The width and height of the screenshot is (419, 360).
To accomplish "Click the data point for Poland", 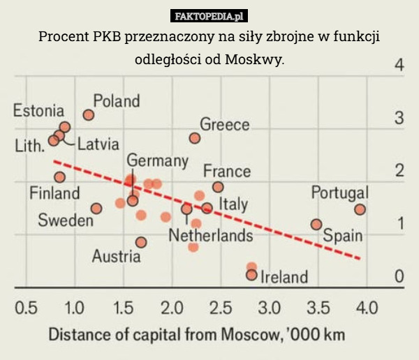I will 89,114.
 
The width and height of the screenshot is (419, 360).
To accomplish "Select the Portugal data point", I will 360,209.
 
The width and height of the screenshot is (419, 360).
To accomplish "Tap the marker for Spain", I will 316,225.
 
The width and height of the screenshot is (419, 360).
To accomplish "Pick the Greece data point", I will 195,138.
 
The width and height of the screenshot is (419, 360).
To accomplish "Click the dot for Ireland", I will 251,275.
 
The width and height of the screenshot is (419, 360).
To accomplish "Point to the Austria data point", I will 141,242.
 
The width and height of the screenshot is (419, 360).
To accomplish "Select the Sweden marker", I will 96,209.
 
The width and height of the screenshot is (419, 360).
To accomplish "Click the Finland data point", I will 60,177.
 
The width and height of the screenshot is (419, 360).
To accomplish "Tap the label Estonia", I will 38,111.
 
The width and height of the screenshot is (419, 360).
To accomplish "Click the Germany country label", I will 157,160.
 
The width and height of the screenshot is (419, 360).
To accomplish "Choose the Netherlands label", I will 210,236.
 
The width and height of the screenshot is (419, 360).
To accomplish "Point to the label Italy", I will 234,204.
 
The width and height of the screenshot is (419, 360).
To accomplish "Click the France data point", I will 218,187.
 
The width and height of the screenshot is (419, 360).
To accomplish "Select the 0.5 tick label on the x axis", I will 27,306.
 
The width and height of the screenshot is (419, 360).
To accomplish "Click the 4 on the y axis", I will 399,66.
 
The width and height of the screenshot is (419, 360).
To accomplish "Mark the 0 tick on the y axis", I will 399,276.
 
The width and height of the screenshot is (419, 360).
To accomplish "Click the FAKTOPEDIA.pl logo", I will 209,15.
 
